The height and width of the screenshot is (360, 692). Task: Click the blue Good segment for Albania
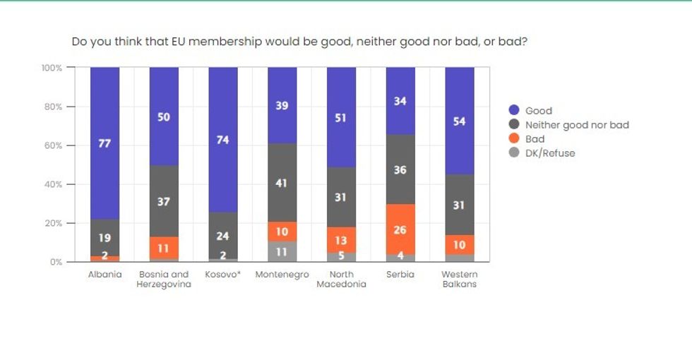[x=105, y=113]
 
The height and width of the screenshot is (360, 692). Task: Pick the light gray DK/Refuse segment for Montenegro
[x=282, y=251]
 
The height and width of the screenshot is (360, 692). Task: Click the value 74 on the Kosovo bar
[x=222, y=140]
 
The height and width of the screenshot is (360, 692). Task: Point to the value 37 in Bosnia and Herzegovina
[x=163, y=201]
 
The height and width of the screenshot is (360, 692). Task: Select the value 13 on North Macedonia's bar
[x=340, y=241]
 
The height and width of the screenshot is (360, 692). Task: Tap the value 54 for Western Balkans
[x=459, y=121]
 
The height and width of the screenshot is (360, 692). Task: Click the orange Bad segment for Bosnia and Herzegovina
[x=163, y=248]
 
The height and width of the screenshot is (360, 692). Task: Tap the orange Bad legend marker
[x=514, y=139]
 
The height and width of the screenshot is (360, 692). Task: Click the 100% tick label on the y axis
[x=51, y=68]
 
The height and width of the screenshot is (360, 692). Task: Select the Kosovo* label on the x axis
[x=222, y=275]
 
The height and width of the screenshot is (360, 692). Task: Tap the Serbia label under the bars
[x=400, y=275]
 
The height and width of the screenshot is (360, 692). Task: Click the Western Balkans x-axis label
[x=459, y=280]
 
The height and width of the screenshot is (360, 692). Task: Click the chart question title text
[x=299, y=42]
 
